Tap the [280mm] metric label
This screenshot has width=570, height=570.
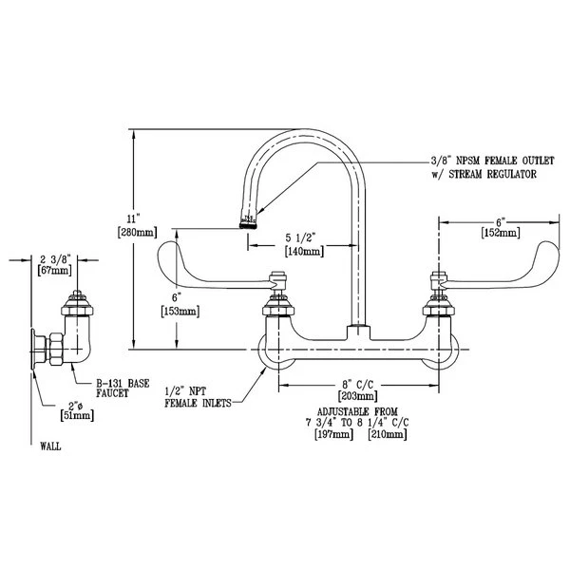[x=130, y=231]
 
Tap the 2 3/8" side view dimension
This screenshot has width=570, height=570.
[x=55, y=257]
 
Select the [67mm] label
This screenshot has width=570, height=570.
[x=55, y=271]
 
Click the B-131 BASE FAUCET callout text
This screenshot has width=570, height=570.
[x=124, y=388]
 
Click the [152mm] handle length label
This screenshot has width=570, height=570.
[x=501, y=232]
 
